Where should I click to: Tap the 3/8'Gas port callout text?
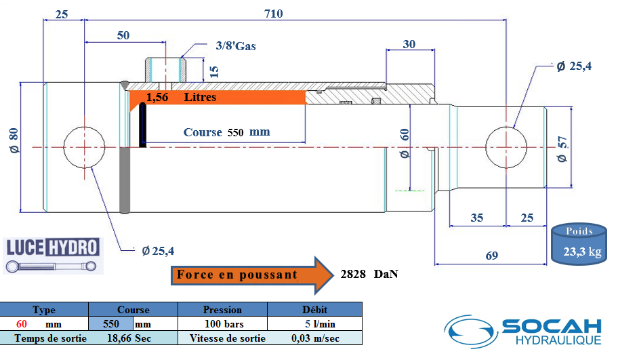tap(235, 46)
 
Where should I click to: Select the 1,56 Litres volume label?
tap(181, 98)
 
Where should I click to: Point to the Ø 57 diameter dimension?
tap(561, 148)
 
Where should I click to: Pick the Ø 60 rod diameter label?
tap(405, 144)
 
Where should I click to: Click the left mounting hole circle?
tap(85, 146)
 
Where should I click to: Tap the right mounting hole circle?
tap(507, 146)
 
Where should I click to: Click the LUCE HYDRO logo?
tap(53, 255)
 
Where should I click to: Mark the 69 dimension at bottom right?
tap(491, 256)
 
